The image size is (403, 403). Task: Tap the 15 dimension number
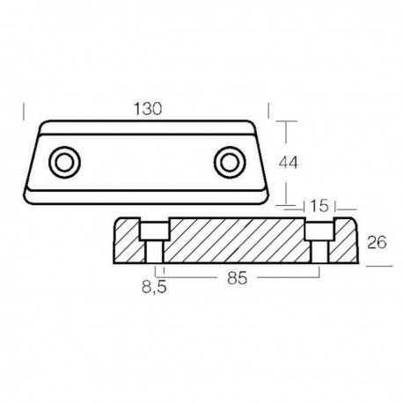click(x=321, y=206)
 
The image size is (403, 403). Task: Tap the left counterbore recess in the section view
click(x=154, y=231)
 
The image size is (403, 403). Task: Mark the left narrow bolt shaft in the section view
click(x=155, y=253)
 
